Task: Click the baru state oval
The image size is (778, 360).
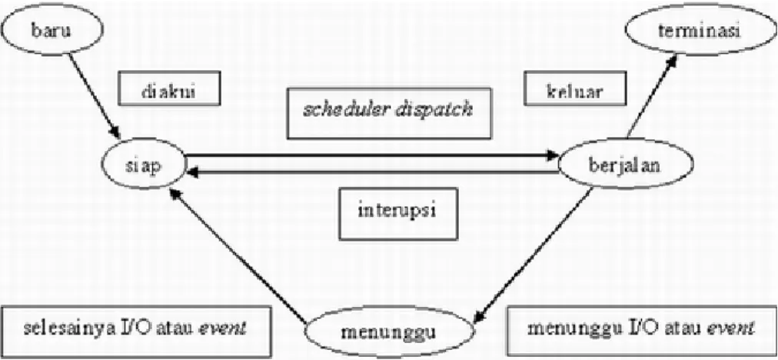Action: click(51, 29)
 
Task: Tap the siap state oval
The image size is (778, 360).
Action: click(144, 165)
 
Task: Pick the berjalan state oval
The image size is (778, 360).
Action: click(625, 165)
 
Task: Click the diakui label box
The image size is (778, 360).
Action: click(168, 91)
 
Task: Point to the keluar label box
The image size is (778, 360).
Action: click(574, 92)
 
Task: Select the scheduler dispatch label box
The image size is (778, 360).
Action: click(390, 112)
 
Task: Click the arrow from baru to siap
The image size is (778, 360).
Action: click(95, 96)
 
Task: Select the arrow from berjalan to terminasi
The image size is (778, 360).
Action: click(651, 96)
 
